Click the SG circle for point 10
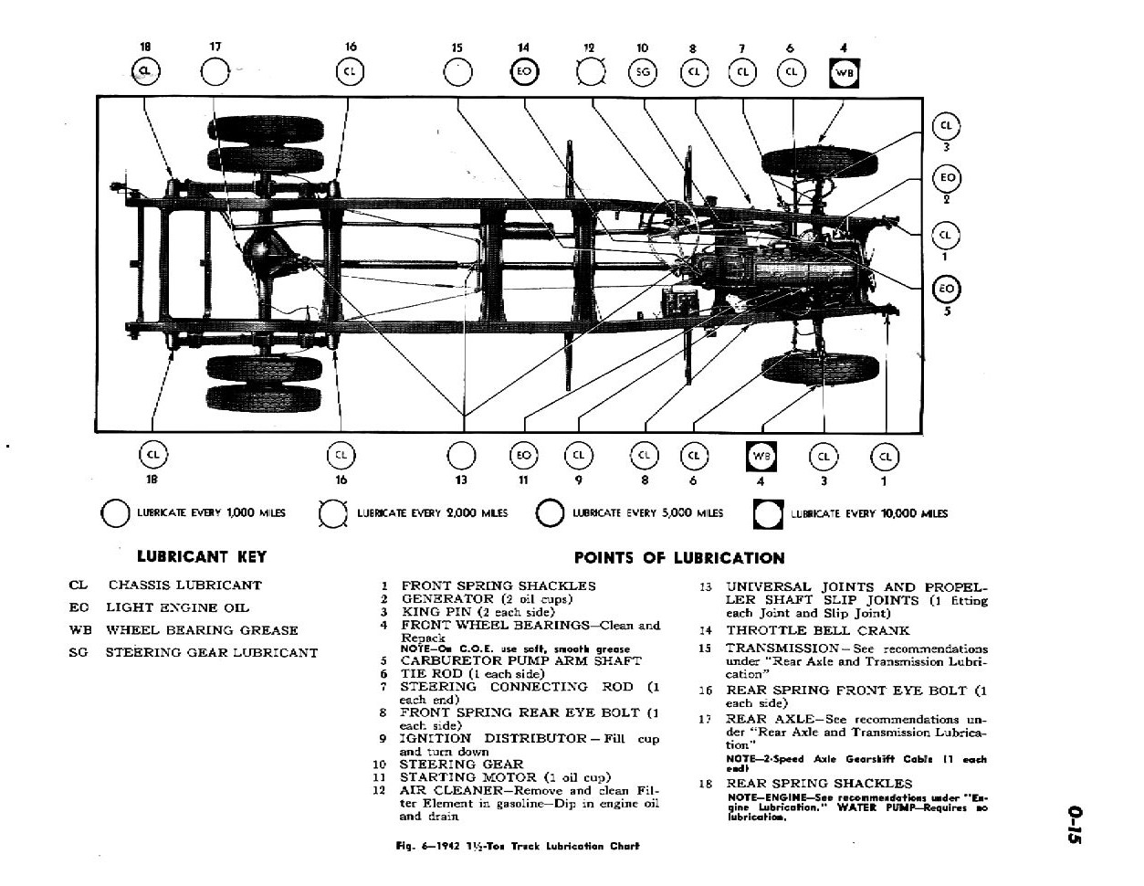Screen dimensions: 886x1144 coord(643,72)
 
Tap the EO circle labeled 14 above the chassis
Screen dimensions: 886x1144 coord(524,72)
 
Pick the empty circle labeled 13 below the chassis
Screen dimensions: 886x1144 coord(462,456)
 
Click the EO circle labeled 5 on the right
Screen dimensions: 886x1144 coord(946,290)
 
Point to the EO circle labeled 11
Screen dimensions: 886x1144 coord(523,456)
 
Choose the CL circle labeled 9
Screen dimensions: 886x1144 coord(578,456)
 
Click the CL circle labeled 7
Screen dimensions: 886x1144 coord(742,72)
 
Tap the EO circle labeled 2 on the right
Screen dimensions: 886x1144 coord(946,178)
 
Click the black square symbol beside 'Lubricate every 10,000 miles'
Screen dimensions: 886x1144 coord(768,514)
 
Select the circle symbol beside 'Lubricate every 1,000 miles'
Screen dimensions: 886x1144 coord(116,513)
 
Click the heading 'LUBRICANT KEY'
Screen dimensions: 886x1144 coord(201,555)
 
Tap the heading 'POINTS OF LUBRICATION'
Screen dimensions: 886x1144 coord(678,558)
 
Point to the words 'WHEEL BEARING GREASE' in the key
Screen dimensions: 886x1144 coord(202,630)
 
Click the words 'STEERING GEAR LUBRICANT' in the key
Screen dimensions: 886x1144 coord(212,653)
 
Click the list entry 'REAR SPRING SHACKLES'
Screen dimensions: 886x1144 coord(819,784)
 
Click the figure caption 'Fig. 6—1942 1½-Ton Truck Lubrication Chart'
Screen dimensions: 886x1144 coord(518,846)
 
